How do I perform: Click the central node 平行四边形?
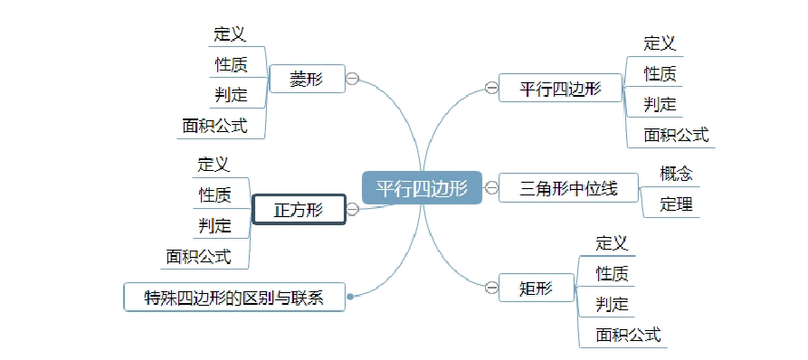(422, 188)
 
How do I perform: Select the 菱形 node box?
(306, 79)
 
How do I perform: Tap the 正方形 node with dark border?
(298, 210)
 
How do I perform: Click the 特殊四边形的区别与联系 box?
(234, 297)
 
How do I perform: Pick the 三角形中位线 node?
(568, 188)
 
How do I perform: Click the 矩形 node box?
(536, 289)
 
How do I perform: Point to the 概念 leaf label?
(676, 173)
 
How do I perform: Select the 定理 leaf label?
(676, 204)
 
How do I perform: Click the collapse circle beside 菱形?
(352, 79)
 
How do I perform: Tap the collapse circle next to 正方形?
(352, 210)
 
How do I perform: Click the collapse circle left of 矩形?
(490, 289)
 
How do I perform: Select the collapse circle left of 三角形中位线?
(490, 188)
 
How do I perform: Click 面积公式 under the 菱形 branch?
(214, 126)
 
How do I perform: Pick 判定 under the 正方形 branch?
(214, 225)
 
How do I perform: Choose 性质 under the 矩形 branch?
(612, 273)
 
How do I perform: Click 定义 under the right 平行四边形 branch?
(660, 43)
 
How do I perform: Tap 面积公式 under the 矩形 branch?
(628, 335)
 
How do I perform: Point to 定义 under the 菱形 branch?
(230, 34)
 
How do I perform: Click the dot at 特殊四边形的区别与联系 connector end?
(350, 295)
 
